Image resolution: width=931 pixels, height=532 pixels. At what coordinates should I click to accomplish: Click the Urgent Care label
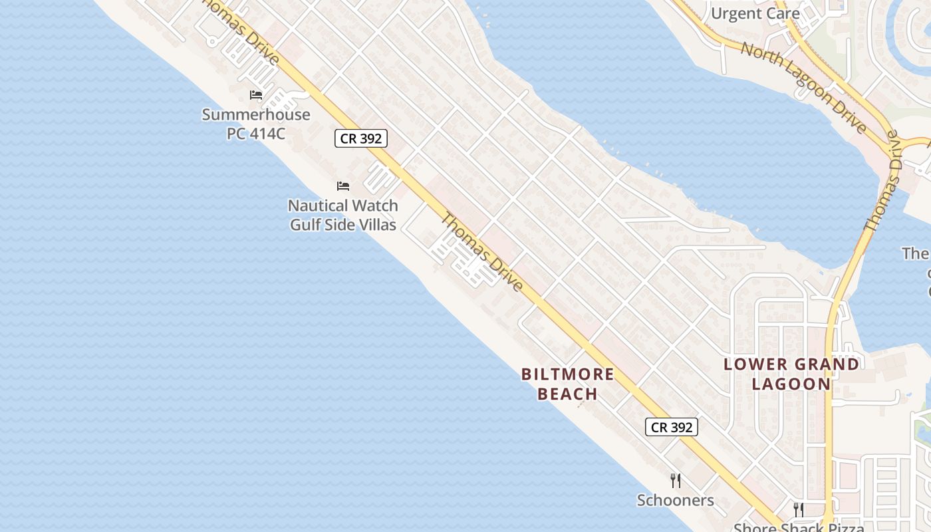[x=755, y=13]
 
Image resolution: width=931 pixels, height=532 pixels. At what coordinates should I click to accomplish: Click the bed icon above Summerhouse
[x=256, y=95]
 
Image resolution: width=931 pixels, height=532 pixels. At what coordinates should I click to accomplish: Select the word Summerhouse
[x=256, y=114]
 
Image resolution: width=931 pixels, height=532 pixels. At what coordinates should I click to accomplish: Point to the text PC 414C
[x=256, y=133]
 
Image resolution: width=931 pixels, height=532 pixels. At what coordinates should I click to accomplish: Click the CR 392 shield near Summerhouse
[x=360, y=138]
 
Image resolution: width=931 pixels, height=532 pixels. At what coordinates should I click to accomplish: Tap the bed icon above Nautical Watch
[x=343, y=186]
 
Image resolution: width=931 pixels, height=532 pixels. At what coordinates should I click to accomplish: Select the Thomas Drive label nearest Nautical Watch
[x=482, y=252]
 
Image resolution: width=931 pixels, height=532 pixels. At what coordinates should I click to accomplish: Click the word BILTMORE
[x=568, y=374]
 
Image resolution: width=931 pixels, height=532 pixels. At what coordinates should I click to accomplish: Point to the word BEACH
[x=568, y=394]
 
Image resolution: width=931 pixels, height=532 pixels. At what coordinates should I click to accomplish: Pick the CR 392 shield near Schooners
[x=672, y=427]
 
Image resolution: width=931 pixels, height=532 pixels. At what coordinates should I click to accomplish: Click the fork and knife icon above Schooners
[x=676, y=481]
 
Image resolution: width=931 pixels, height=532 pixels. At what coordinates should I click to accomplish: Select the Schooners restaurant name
[x=676, y=500]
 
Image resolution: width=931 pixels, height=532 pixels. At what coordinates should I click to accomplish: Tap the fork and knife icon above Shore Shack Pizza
[x=799, y=510]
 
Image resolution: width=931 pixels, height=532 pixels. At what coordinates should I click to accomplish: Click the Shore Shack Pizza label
[x=799, y=527]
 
